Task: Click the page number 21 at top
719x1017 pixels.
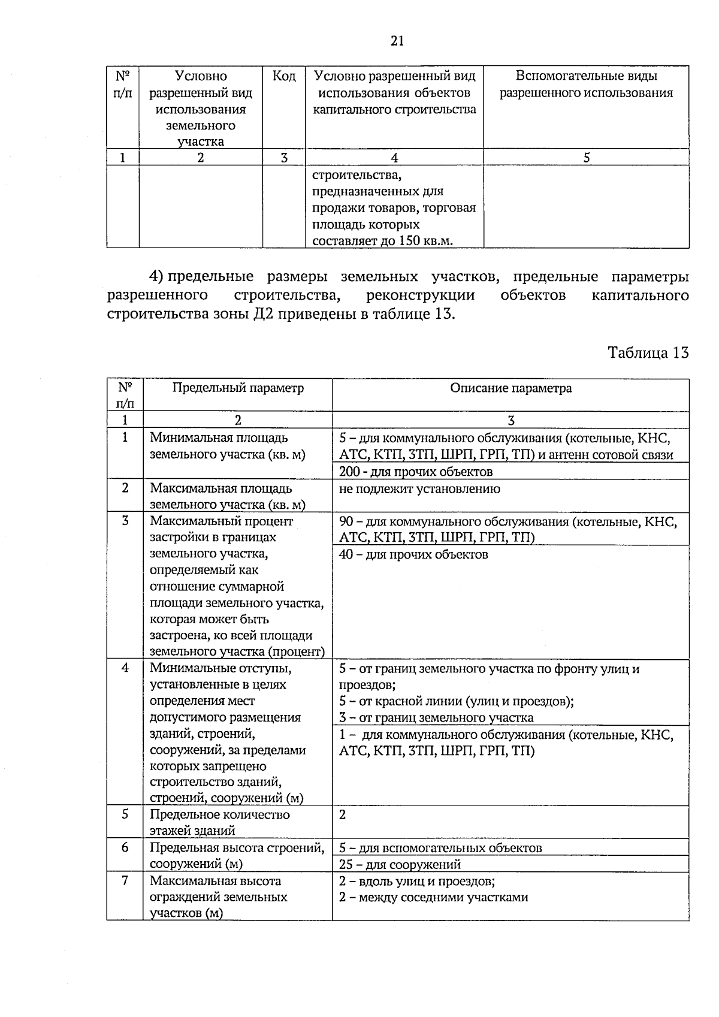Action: pos(397,41)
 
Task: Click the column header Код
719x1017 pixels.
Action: pos(284,76)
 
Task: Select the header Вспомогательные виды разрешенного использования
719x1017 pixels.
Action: pos(586,85)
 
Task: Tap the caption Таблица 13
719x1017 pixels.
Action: pos(648,352)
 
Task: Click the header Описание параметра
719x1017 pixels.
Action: pos(510,388)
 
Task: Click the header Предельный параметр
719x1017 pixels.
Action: pos(238,388)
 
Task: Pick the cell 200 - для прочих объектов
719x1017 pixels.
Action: pos(416,472)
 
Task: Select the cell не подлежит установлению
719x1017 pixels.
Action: pos(419,488)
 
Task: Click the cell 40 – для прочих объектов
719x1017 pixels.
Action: pos(413,554)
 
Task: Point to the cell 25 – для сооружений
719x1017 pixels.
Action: pos(400,864)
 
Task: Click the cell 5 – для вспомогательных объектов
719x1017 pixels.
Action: pos(440,848)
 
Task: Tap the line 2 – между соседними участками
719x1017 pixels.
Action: pos(434,897)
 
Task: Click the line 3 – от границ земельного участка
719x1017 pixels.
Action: pos(436,717)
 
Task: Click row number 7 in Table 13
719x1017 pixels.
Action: pos(125,881)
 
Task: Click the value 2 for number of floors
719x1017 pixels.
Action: pos(343,815)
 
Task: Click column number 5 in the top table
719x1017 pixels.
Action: pos(586,158)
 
